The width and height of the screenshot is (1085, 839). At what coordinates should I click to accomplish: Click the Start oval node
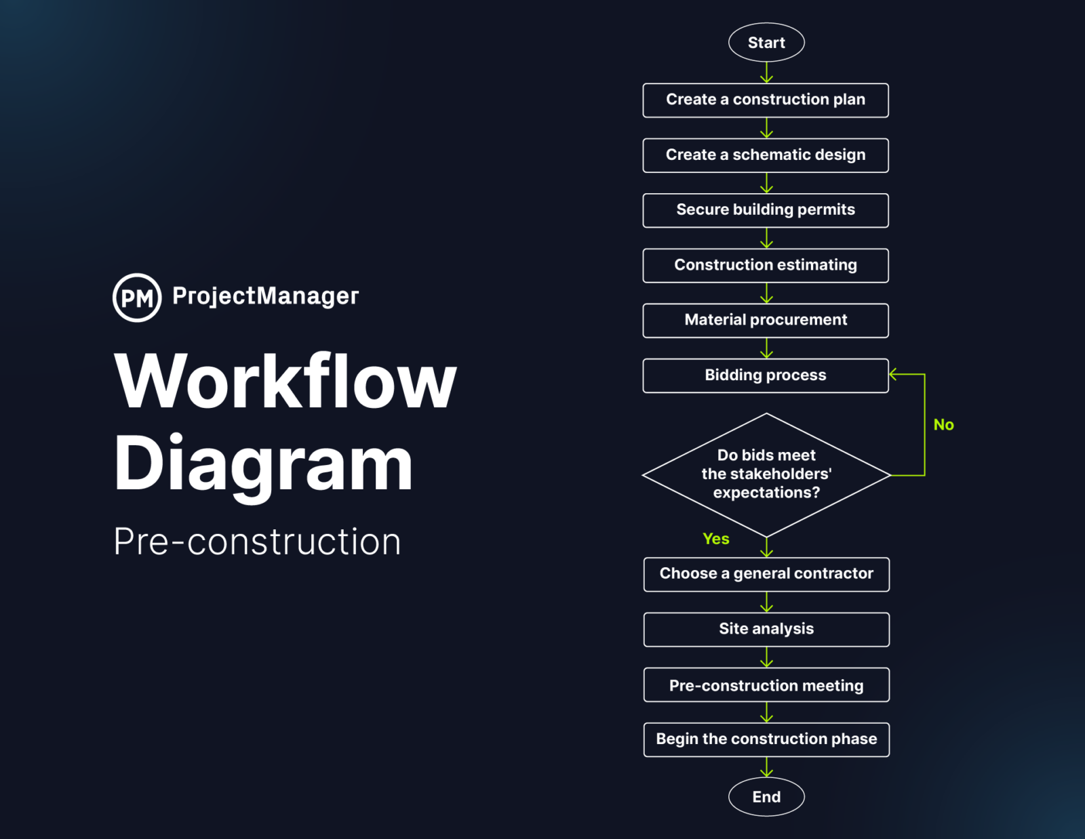point(766,43)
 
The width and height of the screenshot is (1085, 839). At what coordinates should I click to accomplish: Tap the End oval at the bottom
point(766,797)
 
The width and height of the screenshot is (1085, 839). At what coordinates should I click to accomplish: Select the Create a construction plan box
point(766,100)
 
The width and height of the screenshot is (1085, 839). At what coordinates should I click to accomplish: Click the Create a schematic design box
point(766,155)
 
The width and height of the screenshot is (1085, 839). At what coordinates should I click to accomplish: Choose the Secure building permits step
point(766,210)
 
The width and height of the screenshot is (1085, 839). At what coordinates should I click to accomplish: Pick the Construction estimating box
point(766,265)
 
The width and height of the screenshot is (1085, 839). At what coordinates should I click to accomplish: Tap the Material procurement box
point(766,321)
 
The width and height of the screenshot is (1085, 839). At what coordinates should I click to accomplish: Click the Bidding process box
point(766,375)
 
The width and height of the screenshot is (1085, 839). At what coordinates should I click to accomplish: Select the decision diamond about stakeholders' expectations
point(766,474)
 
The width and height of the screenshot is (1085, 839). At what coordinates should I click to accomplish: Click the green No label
point(943,425)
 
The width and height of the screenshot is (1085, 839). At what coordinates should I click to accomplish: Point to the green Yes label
point(716,539)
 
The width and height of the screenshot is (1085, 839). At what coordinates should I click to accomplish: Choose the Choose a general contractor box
point(766,574)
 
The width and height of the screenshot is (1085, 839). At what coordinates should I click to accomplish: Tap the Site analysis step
point(766,630)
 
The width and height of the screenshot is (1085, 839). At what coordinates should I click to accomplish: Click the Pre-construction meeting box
point(766,685)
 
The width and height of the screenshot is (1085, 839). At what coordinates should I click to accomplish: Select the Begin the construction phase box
point(766,739)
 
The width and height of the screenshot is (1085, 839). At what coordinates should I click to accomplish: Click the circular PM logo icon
point(137,298)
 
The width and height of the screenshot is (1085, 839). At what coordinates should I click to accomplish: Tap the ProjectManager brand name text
point(265,296)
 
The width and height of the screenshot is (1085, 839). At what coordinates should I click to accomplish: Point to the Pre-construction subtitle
point(257,541)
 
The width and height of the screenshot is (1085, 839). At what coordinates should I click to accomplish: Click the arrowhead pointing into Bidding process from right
point(894,374)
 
